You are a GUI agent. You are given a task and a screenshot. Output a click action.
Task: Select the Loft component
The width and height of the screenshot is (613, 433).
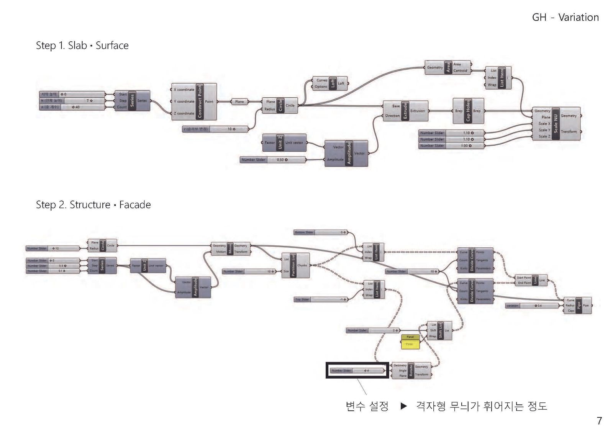pos(333,83)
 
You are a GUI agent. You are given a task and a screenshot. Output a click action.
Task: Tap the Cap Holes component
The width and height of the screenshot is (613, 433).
pos(468,111)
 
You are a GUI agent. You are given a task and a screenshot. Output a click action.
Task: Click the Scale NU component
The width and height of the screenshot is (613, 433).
pos(556,123)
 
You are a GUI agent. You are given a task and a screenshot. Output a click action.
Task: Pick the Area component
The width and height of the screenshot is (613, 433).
pos(448,67)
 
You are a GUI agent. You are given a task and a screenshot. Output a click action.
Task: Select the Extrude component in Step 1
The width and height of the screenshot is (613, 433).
pos(405,111)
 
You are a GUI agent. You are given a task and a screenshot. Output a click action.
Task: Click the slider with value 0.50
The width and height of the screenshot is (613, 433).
pos(273,160)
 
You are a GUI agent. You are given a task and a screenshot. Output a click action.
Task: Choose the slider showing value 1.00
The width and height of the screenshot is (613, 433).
pos(451,146)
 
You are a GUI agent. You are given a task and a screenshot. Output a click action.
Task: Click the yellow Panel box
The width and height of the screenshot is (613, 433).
pos(410,341)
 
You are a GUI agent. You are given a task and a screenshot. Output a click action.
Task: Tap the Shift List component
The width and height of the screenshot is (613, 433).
pos(440,330)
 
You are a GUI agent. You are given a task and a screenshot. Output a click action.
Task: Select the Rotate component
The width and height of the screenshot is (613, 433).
pos(411,370)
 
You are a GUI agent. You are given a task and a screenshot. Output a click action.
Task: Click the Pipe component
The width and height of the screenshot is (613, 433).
pos(579,305)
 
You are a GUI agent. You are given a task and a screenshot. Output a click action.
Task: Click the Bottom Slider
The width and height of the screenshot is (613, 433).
pos(321,232)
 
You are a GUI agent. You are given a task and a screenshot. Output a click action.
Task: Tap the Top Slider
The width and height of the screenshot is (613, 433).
pos(321,299)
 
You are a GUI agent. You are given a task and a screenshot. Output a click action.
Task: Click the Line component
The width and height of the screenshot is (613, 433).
pos(535,280)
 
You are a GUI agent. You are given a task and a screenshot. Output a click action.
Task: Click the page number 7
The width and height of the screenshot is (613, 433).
pos(599,420)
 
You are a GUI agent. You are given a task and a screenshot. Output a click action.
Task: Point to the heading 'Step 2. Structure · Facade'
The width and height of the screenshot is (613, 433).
pos(93,205)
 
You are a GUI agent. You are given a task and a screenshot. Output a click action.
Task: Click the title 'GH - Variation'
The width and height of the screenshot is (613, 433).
pos(565,18)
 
